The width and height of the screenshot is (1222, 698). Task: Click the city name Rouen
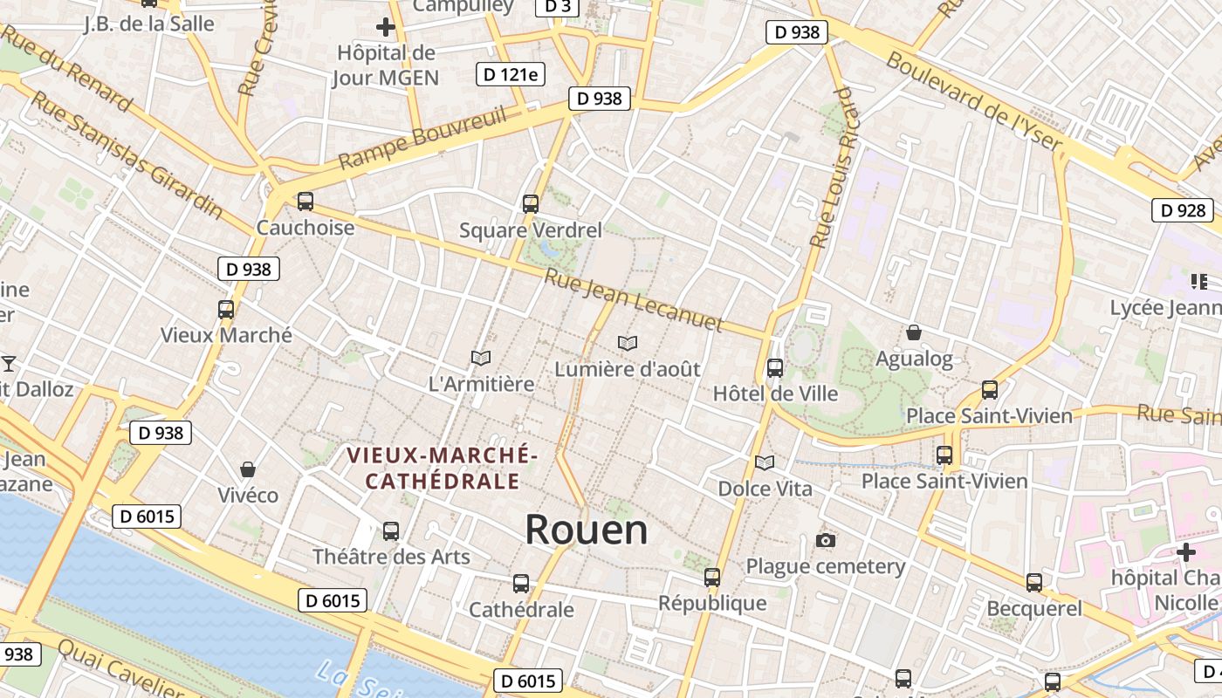click(x=587, y=530)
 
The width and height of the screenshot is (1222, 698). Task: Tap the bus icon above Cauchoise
click(x=305, y=202)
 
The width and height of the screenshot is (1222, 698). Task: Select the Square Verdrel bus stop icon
click(x=531, y=204)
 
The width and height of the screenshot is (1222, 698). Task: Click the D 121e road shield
click(x=511, y=74)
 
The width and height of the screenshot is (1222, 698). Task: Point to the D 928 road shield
click(x=1183, y=209)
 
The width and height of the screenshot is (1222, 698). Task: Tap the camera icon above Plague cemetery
click(x=826, y=541)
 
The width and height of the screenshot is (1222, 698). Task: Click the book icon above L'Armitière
click(x=481, y=358)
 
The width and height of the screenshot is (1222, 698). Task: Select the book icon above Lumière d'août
click(x=628, y=343)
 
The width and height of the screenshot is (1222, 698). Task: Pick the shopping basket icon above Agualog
click(x=914, y=332)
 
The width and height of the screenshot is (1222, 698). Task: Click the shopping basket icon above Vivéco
click(x=248, y=469)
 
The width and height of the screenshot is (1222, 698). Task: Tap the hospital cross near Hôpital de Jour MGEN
click(x=385, y=27)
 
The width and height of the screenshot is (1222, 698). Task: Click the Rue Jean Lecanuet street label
click(x=635, y=301)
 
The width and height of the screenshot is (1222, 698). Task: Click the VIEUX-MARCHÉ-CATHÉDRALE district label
click(x=442, y=469)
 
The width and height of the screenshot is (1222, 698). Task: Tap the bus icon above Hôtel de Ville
click(x=774, y=368)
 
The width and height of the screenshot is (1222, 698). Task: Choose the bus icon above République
click(x=712, y=577)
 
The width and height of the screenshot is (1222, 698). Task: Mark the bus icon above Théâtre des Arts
click(x=391, y=530)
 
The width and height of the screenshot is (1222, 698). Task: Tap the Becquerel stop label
click(x=1034, y=608)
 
